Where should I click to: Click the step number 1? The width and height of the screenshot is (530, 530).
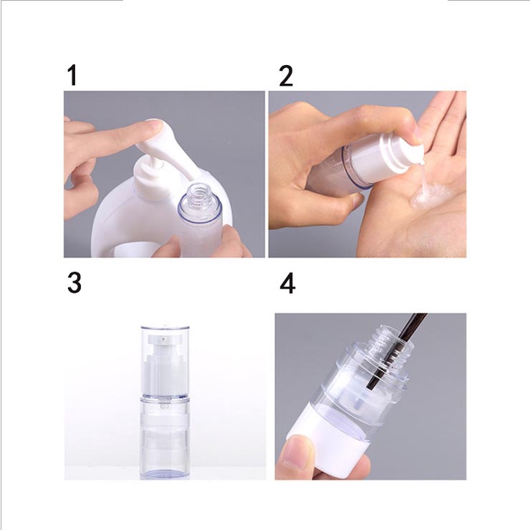pyautogui.click(x=72, y=75)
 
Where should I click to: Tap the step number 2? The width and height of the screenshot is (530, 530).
pyautogui.click(x=286, y=76)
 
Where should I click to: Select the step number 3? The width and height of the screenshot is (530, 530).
pyautogui.click(x=74, y=283)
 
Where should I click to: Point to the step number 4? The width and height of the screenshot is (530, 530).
pyautogui.click(x=287, y=284)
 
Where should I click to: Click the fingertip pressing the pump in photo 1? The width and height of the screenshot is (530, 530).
pyautogui.click(x=154, y=127)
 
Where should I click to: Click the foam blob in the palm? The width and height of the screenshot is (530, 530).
pyautogui.click(x=429, y=196)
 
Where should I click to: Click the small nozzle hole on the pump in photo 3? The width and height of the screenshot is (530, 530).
pyautogui.click(x=163, y=338)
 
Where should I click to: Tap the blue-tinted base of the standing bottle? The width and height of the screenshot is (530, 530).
pyautogui.click(x=165, y=471)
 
